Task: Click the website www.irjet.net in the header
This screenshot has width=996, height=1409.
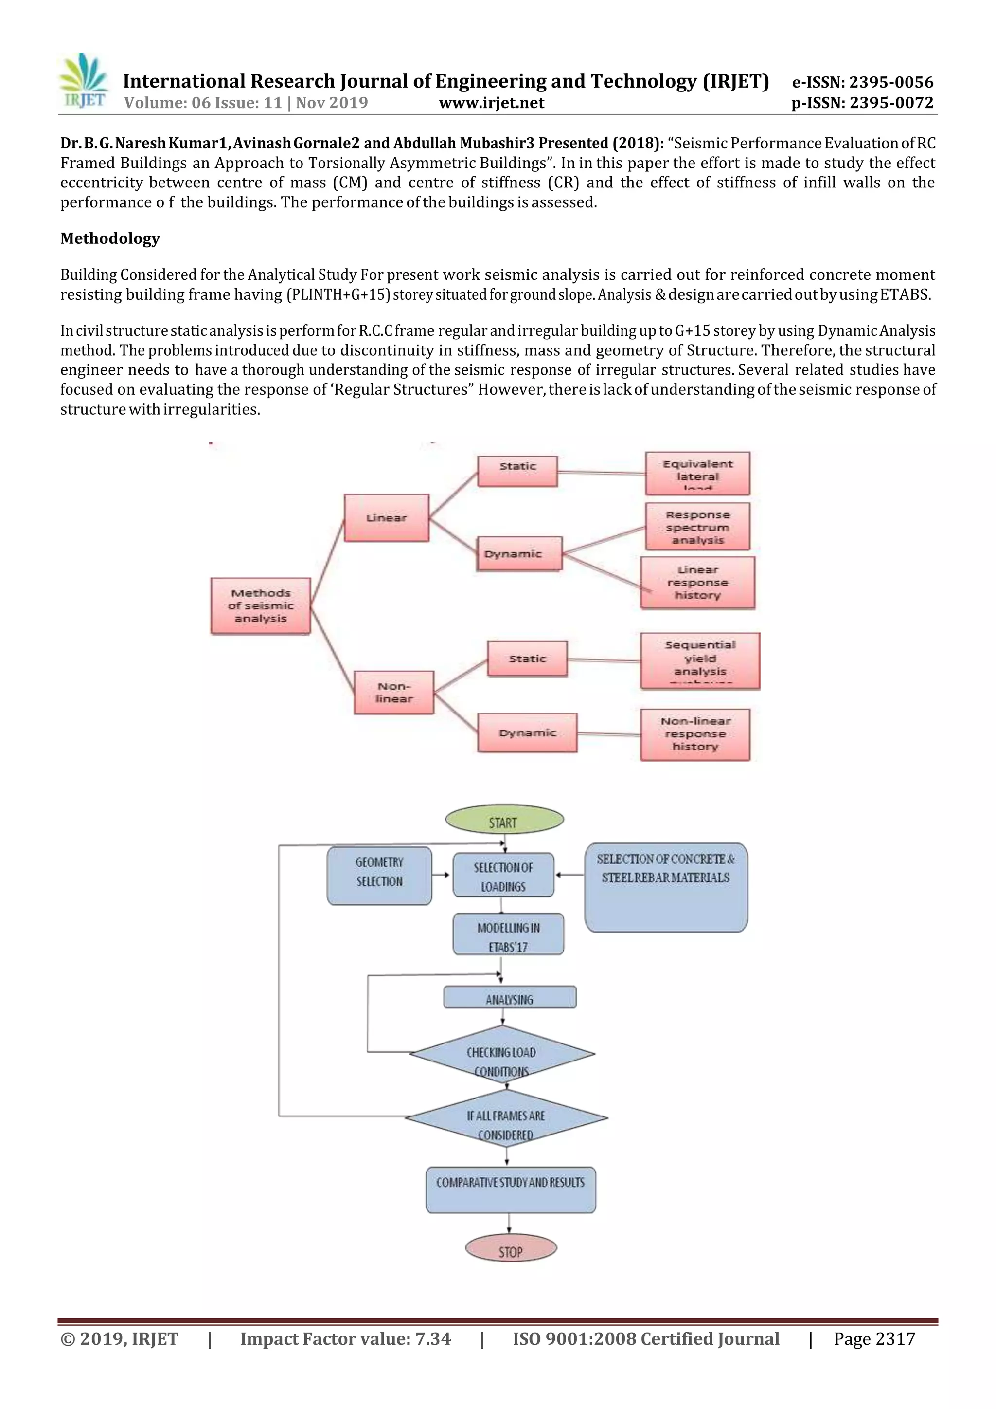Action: pyautogui.click(x=491, y=103)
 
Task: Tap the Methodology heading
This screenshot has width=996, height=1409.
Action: pyautogui.click(x=110, y=238)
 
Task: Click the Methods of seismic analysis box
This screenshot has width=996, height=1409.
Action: pyautogui.click(x=261, y=605)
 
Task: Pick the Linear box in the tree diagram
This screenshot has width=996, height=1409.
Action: pyautogui.click(x=386, y=518)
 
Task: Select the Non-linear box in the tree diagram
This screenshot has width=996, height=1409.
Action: pyautogui.click(x=394, y=692)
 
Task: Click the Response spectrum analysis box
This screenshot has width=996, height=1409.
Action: pyautogui.click(x=697, y=527)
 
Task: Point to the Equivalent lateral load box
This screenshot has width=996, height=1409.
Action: pyautogui.click(x=697, y=474)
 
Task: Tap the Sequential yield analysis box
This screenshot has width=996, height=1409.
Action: pyautogui.click(x=700, y=661)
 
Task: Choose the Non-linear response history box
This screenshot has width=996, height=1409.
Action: pyautogui.click(x=695, y=734)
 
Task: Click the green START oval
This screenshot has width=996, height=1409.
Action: pyautogui.click(x=503, y=821)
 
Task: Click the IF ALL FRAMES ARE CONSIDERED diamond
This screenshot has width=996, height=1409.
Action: pyautogui.click(x=506, y=1118)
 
